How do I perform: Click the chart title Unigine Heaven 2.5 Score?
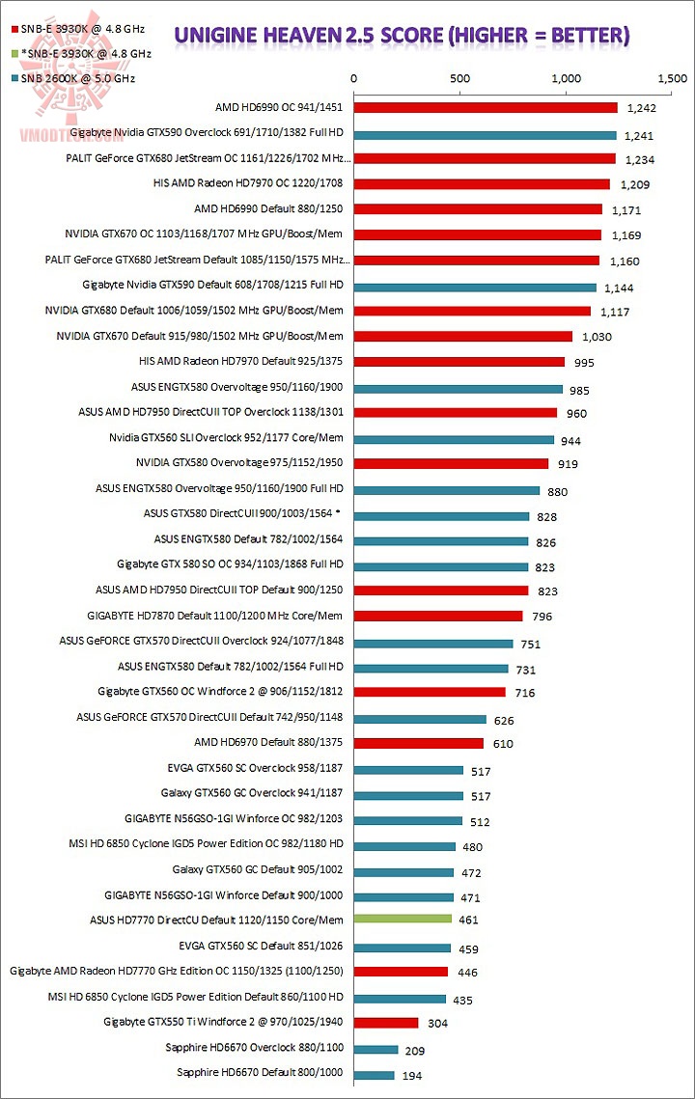point(402,37)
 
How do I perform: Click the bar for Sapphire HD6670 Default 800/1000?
point(375,1074)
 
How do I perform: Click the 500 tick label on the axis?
point(459,78)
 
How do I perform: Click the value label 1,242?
point(642,108)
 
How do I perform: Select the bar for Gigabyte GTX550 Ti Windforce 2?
point(386,1022)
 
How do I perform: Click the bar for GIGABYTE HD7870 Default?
point(438,616)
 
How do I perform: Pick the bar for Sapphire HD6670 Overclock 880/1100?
point(376,1049)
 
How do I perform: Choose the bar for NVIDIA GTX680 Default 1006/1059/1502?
point(472,311)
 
